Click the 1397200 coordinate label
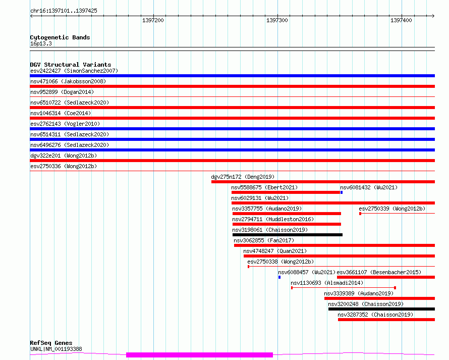pyautogui.click(x=153, y=20)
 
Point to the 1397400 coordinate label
pyautogui.click(x=401, y=20)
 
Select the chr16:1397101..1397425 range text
pyautogui.click(x=64, y=11)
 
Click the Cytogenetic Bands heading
pyautogui.click(x=60, y=37)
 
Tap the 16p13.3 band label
pyautogui.click(x=41, y=43)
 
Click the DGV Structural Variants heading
pyautogui.click(x=71, y=65)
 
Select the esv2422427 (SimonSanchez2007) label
pyautogui.click(x=74, y=71)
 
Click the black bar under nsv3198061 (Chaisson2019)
pyautogui.click(x=288, y=235)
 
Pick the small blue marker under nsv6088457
pyautogui.click(x=279, y=277)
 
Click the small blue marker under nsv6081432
pyautogui.click(x=342, y=192)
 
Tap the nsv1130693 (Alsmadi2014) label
pyautogui.click(x=327, y=283)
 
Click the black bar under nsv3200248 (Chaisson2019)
pyautogui.click(x=382, y=309)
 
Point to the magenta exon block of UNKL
pyautogui.click(x=200, y=355)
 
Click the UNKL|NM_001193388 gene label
pyautogui.click(x=56, y=349)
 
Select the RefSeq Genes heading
pyautogui.click(x=51, y=343)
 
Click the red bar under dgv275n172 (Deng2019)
pyautogui.click(x=323, y=182)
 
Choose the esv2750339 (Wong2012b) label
pyautogui.click(x=392, y=209)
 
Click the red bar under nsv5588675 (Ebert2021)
pyautogui.click(x=286, y=192)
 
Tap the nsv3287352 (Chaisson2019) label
pyautogui.click(x=375, y=315)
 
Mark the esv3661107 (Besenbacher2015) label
pyautogui.click(x=379, y=272)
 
